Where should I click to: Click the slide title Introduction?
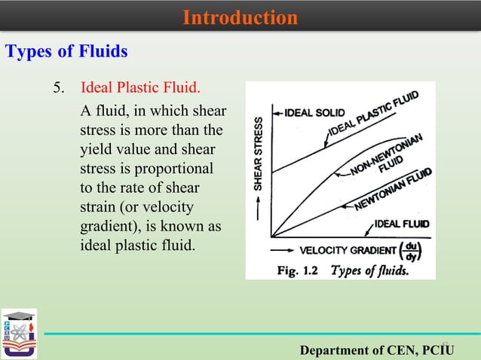(240, 17)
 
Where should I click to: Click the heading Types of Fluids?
(66, 52)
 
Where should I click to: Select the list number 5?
(58, 90)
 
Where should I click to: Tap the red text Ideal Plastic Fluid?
(141, 90)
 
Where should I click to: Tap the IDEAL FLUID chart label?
(402, 224)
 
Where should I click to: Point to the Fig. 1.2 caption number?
(299, 270)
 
